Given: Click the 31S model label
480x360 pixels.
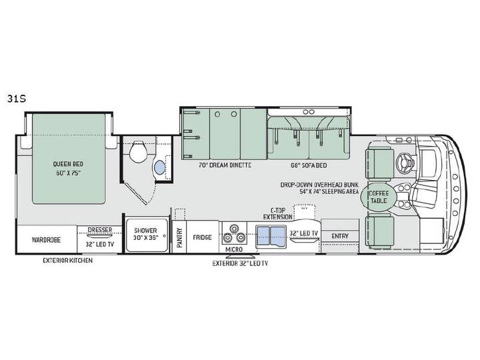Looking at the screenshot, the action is tap(17, 99).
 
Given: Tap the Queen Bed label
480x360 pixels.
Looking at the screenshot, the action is tap(68, 164).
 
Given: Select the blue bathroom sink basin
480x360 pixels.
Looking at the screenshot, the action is tap(161, 168).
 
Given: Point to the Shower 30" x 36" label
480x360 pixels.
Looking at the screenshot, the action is tap(145, 234).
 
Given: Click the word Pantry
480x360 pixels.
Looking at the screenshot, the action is tap(179, 237).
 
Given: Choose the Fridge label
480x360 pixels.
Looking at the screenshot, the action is tap(202, 237).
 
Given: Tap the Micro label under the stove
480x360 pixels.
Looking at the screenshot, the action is tap(234, 249).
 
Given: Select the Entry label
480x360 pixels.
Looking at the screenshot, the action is tap(340, 236).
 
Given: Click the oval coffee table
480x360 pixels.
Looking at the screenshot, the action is tap(379, 197).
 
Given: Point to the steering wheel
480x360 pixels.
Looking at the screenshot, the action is tap(404, 160).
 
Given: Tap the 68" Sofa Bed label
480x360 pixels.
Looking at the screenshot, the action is tap(309, 165).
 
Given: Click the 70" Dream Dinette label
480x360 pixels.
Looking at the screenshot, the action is tap(225, 165).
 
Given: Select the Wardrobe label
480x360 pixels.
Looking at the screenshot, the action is tap(46, 240).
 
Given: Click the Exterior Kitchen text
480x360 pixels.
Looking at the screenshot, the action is tap(67, 261).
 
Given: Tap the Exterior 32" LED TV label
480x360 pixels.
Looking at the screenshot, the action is tap(240, 263).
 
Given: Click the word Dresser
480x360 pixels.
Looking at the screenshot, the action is tap(100, 229).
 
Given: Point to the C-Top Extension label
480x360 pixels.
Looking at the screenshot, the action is tap(278, 214).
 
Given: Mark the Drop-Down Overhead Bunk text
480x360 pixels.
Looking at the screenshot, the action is tap(319, 185).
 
